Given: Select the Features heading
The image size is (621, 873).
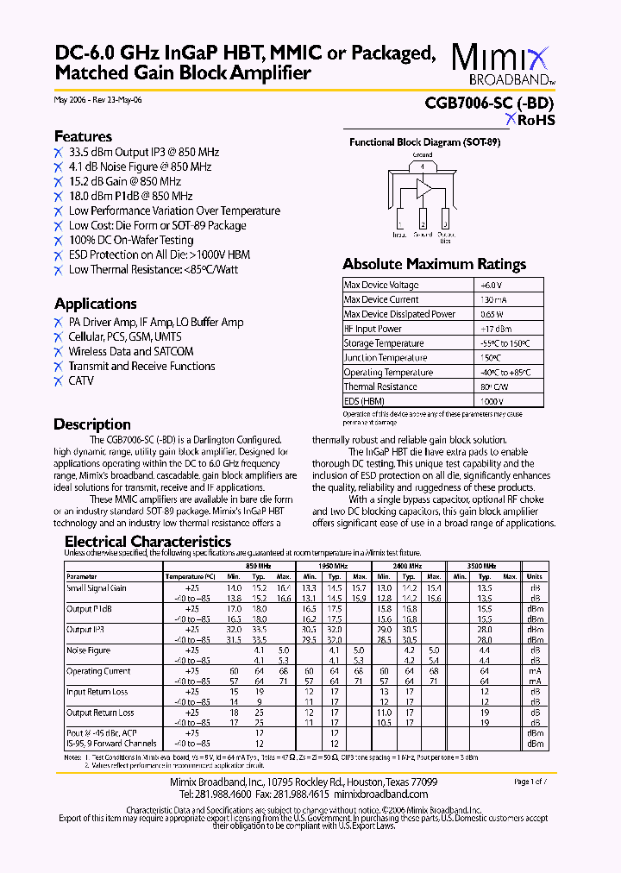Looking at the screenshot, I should (83, 136).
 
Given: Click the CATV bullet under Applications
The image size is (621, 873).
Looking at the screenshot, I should (81, 380).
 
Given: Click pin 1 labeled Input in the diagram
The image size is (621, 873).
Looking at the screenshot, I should (399, 219).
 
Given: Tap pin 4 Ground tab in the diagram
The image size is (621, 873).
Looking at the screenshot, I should (423, 167).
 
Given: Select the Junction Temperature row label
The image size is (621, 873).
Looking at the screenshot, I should (385, 358).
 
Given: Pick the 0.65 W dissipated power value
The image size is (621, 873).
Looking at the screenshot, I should (492, 314).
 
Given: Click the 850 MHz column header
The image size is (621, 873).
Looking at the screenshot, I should (258, 566).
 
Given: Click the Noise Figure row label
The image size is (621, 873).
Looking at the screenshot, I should (89, 650).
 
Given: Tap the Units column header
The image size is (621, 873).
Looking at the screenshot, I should (534, 576).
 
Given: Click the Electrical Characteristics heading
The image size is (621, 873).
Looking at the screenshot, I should (147, 542).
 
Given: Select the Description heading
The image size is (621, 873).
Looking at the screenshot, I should (92, 424).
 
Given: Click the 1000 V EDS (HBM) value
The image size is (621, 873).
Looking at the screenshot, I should (491, 402).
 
